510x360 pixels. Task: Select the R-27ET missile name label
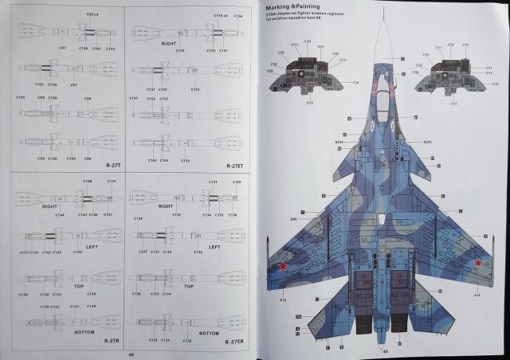tap(236, 166)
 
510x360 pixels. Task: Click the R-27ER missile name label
tap(233, 342)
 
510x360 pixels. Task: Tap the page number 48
tap(130, 354)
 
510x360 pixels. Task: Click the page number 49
tap(385, 351)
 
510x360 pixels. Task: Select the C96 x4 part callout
tap(92, 15)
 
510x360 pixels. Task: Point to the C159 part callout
tap(185, 160)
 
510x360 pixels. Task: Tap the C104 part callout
tap(71, 158)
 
